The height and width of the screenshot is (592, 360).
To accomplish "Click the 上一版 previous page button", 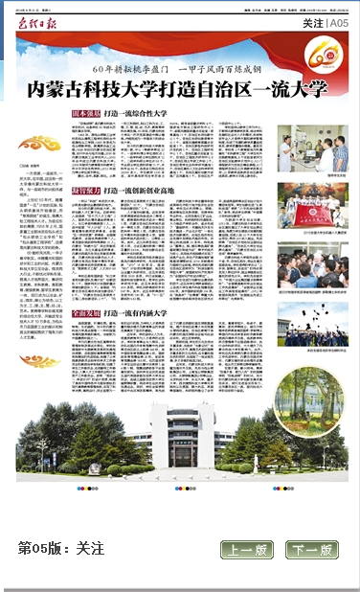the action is click(x=247, y=550).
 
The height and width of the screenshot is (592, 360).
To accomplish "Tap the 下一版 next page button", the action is click(x=312, y=550).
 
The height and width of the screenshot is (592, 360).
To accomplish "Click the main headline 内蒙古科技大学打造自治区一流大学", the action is click(x=177, y=88).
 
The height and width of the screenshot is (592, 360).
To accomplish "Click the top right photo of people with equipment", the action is click(x=308, y=151).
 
